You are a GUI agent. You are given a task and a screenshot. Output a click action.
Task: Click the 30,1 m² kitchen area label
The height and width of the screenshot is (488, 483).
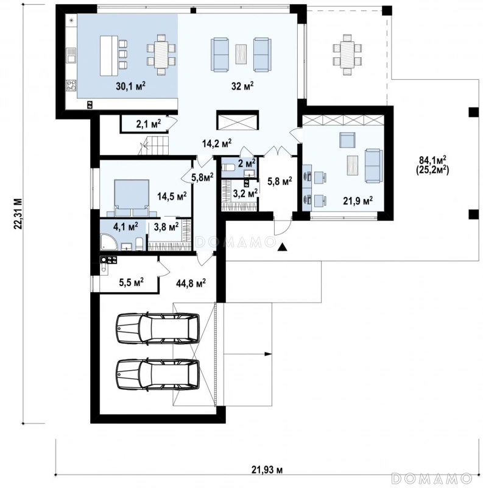(131, 86)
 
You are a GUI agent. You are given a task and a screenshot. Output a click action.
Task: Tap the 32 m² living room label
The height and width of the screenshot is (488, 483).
(242, 86)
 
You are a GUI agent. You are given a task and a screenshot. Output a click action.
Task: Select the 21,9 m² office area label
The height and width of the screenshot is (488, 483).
(358, 201)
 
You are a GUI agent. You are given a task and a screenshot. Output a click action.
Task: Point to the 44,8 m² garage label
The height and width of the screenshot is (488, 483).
(191, 283)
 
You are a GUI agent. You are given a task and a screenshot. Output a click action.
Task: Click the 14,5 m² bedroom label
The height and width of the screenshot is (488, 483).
(172, 196)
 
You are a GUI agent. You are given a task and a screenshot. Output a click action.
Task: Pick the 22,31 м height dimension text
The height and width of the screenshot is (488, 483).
(18, 213)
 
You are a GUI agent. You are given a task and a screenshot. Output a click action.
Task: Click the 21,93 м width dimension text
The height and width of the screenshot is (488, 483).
(267, 470)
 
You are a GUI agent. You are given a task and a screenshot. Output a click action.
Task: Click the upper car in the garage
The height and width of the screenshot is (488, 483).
(158, 329)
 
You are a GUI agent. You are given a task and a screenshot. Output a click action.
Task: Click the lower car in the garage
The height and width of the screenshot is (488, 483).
(158, 375)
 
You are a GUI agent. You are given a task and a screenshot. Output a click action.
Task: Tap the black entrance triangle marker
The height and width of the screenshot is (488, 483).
(282, 247)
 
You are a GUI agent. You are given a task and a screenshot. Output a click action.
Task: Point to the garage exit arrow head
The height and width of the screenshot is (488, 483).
(268, 354)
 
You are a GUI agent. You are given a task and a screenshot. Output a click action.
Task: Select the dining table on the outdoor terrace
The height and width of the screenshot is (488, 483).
(347, 54)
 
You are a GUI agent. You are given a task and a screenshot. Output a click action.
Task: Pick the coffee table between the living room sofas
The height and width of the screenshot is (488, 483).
(241, 54)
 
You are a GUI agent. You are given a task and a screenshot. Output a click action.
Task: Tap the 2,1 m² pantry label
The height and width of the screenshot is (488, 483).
(149, 124)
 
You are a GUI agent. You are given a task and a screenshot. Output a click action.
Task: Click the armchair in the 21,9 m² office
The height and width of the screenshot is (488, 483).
(347, 140)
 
